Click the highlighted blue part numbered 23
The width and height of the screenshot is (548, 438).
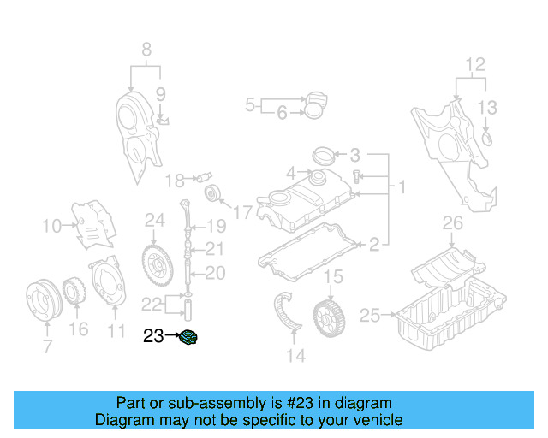(x=188, y=337)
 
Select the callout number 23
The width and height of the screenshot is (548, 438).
(x=153, y=337)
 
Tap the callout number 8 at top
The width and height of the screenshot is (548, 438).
(x=146, y=49)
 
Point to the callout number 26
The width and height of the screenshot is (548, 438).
(x=452, y=224)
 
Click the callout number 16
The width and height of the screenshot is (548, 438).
(x=79, y=329)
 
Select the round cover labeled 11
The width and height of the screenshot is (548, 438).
(x=109, y=283)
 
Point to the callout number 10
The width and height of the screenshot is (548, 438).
(x=51, y=226)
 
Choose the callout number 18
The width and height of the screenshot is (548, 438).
(x=175, y=181)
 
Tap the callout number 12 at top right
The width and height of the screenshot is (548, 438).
(x=474, y=64)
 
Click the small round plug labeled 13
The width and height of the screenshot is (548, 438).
(x=488, y=137)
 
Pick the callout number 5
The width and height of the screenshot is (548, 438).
(x=250, y=105)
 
